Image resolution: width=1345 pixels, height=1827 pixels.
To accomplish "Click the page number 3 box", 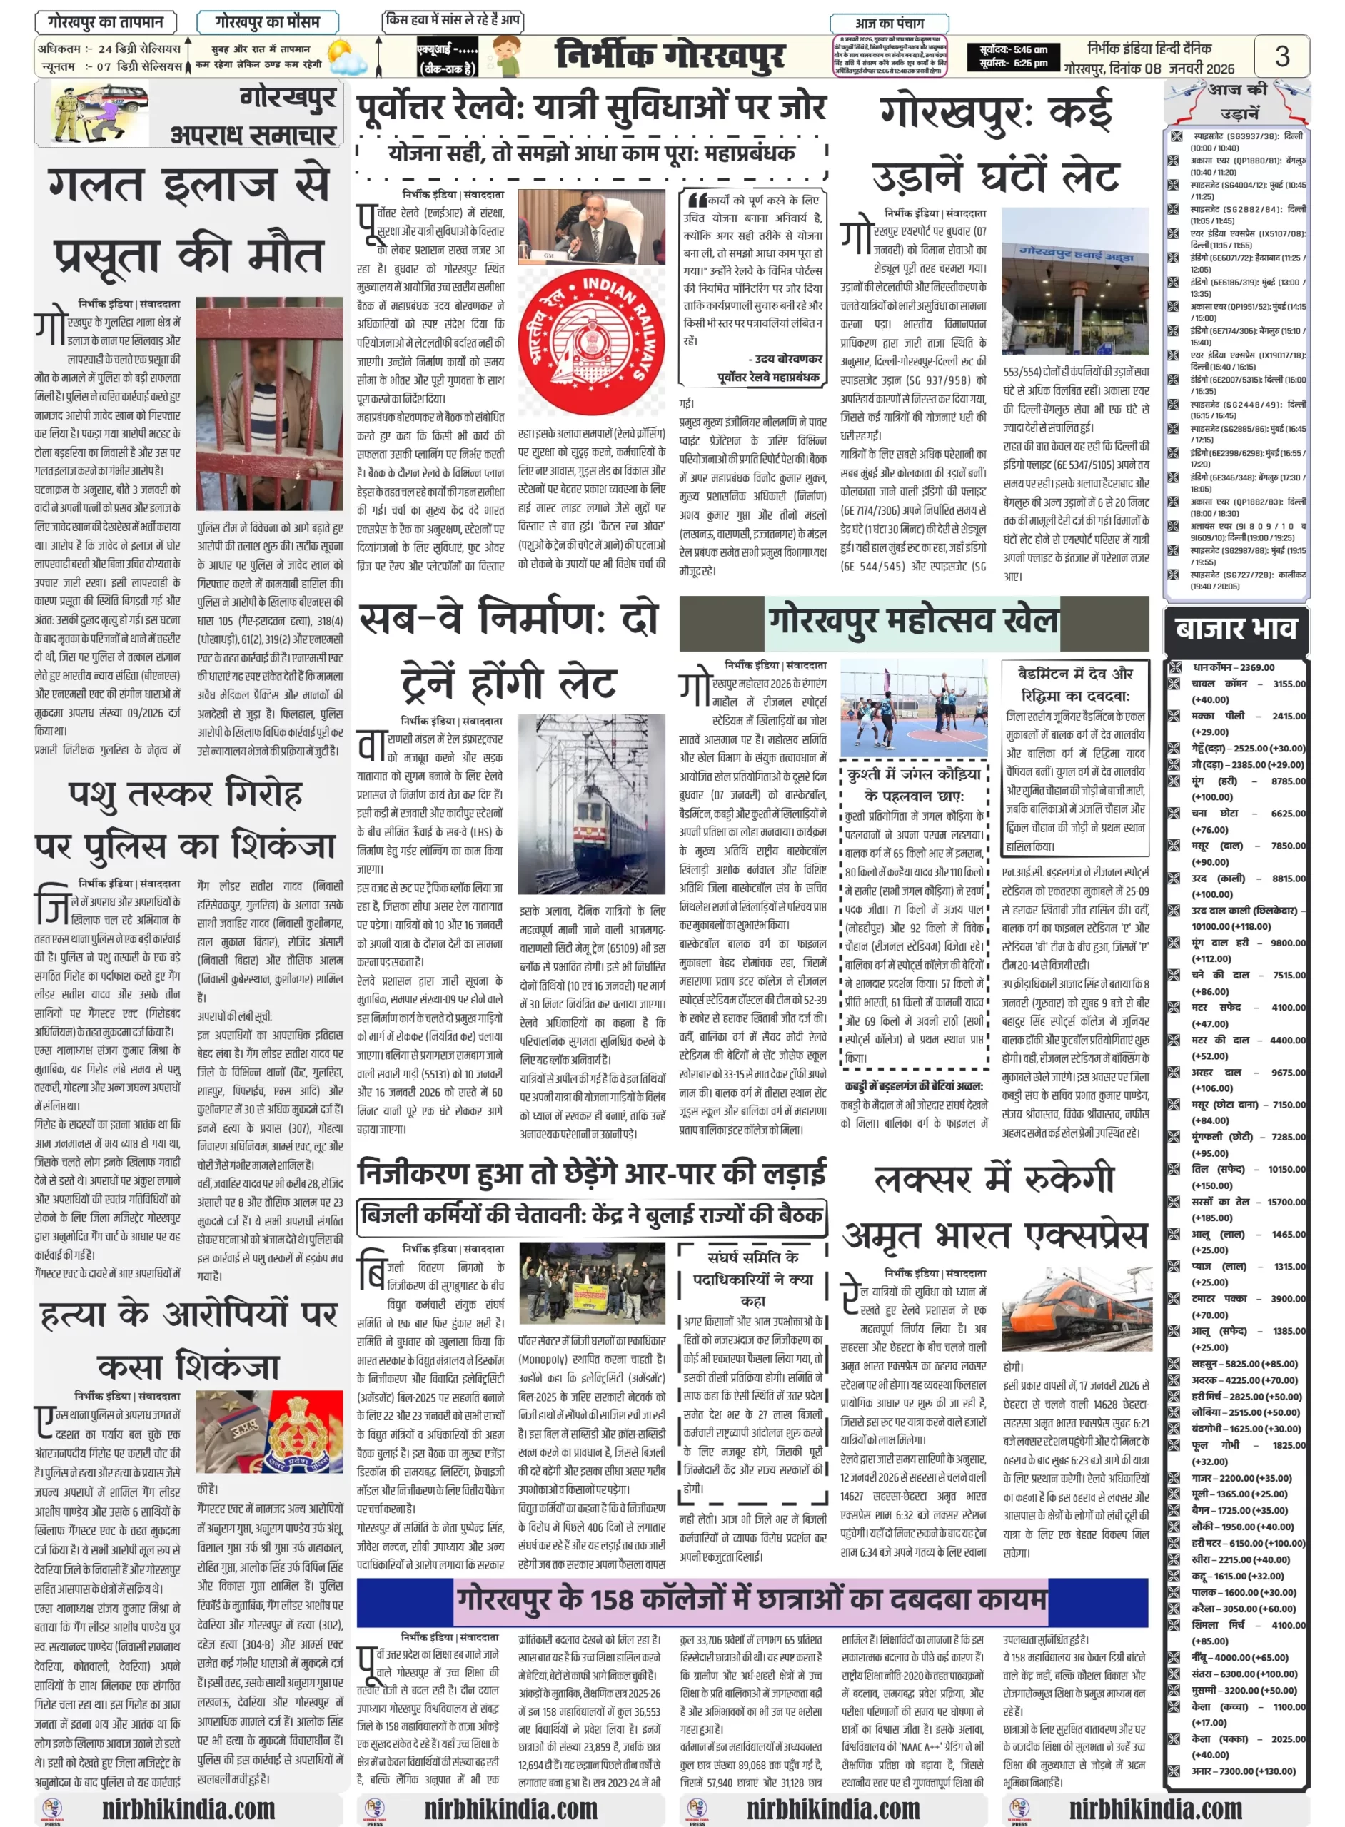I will (x=1281, y=56).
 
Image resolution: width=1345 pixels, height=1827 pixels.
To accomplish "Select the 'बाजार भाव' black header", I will (x=1236, y=629).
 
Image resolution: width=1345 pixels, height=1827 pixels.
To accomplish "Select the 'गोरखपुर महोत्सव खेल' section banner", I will (x=914, y=621).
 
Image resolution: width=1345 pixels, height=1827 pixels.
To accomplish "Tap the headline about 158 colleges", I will (x=750, y=1600).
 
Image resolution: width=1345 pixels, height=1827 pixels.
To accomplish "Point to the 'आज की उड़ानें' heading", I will (x=1236, y=101).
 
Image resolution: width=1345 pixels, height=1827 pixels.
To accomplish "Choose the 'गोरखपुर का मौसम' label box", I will (x=267, y=22).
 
